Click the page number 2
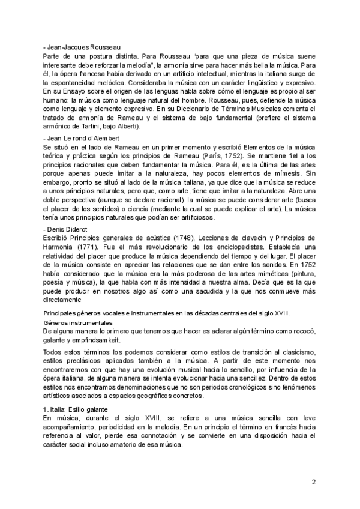313,482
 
